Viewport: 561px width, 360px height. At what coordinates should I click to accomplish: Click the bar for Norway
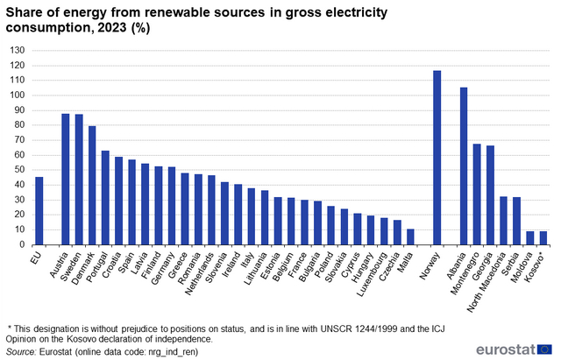coord(437,158)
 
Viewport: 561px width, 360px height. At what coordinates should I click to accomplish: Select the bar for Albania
coord(464,166)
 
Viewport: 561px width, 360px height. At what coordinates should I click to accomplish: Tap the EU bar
coord(39,211)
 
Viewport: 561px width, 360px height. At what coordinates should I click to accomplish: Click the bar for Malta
coord(410,236)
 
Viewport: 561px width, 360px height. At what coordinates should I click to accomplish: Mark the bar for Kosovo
coord(543,238)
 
